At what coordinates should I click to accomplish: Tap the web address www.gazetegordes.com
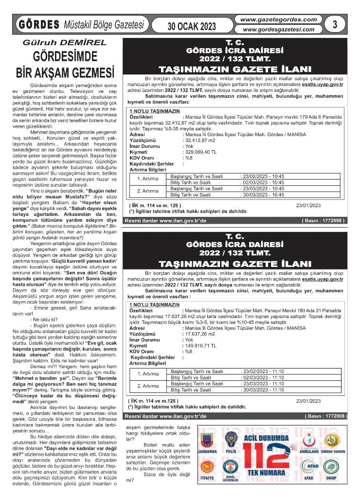(275, 19)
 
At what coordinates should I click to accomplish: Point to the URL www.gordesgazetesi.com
(275, 29)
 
